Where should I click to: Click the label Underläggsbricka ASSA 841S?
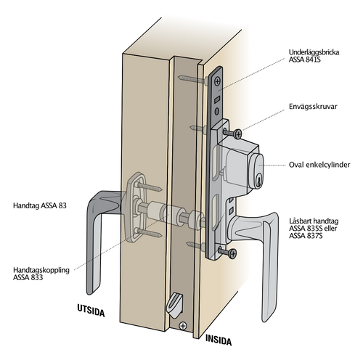coord(314,56)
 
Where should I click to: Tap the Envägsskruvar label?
coord(313,107)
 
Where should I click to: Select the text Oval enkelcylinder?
coord(319,165)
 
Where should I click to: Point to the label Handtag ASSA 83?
coord(40,205)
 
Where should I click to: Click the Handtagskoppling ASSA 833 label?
coord(41,274)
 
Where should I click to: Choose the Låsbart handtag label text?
coord(314,221)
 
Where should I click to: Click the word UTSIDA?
coord(91,310)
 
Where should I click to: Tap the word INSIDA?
coord(219,340)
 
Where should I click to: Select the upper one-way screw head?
coord(238,134)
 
